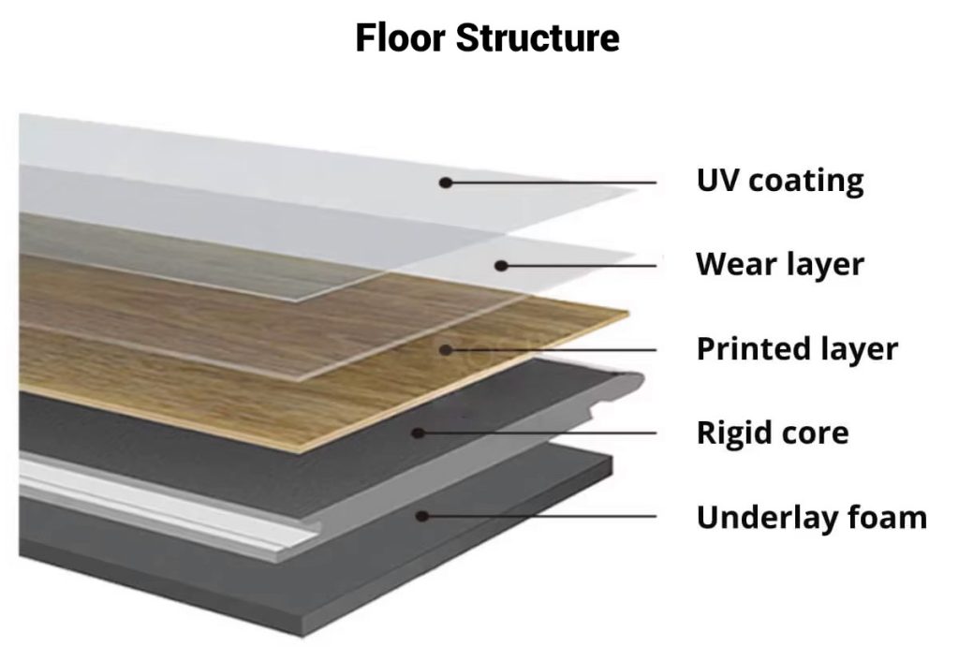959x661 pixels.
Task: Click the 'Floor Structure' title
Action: (x=487, y=39)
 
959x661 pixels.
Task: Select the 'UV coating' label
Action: (x=779, y=181)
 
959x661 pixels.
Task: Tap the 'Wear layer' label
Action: (x=779, y=265)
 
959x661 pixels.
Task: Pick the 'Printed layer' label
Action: (x=797, y=349)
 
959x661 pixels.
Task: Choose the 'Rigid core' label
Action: (x=773, y=433)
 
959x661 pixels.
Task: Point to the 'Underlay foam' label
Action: (x=811, y=517)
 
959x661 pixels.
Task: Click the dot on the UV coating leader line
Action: (x=447, y=183)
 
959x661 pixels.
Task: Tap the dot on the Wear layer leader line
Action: (x=501, y=266)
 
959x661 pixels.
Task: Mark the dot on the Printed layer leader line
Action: (x=448, y=350)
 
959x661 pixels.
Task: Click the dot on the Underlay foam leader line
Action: (x=423, y=516)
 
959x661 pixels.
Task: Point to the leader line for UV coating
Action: (x=553, y=183)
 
